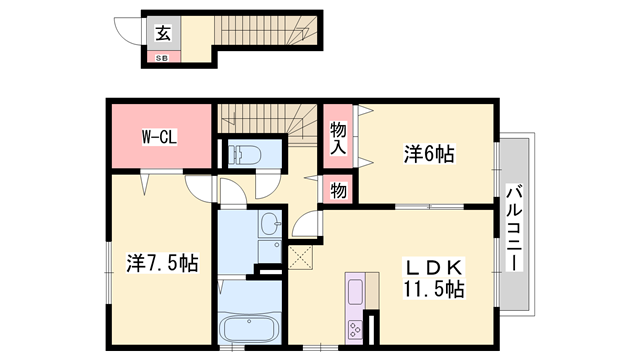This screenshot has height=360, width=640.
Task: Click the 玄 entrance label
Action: click(163, 34)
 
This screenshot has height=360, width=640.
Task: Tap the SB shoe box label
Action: click(162, 58)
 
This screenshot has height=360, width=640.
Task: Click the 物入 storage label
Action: click(338, 137)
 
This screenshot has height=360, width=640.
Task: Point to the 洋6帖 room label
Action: click(429, 154)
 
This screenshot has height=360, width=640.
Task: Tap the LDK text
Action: click(435, 268)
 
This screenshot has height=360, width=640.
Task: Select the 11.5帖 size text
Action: click(433, 290)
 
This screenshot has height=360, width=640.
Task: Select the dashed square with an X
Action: click(301, 257)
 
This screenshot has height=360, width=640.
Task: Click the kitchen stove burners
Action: click(355, 329)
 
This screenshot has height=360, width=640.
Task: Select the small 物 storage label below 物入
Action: click(338, 189)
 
